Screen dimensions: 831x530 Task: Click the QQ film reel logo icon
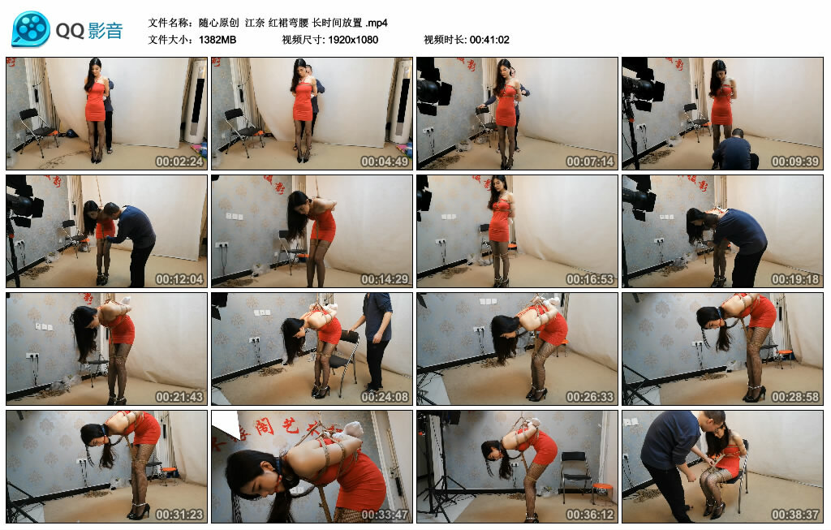[x=31, y=28]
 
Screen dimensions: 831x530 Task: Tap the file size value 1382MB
[x=217, y=40]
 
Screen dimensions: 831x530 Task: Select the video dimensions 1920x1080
[x=353, y=40]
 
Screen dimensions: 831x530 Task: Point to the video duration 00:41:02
[x=489, y=40]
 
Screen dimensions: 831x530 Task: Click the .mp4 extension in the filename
[x=377, y=23]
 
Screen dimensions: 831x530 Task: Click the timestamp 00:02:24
[x=179, y=162]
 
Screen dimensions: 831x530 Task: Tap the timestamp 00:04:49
[x=385, y=162]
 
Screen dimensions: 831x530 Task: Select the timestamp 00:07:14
[x=590, y=162]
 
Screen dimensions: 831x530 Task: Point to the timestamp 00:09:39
[x=795, y=162]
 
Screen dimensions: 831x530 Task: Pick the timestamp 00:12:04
[x=179, y=278]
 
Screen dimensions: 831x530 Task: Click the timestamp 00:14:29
[x=385, y=278]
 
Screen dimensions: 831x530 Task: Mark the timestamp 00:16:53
[x=590, y=278]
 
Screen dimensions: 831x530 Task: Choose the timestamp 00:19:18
[x=795, y=278]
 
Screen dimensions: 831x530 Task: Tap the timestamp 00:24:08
[x=385, y=396]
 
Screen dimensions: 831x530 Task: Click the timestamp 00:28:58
[x=795, y=396]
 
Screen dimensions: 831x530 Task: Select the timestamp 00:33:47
[x=385, y=514]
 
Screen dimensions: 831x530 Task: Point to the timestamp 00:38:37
[x=795, y=514]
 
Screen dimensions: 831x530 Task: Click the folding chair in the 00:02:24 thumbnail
[x=37, y=131]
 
